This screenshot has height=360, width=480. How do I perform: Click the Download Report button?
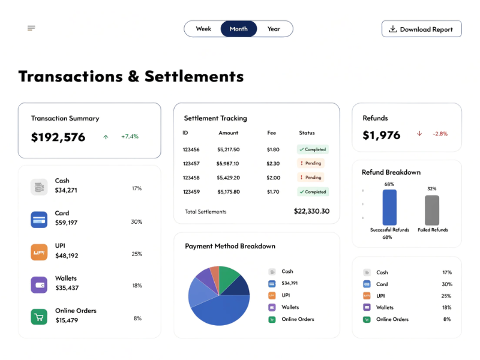(x=421, y=29)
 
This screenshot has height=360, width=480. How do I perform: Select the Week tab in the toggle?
(x=203, y=29)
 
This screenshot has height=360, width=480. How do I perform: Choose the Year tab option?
(x=274, y=29)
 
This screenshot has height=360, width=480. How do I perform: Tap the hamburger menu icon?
(x=31, y=28)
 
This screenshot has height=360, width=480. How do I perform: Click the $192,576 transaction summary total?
(x=58, y=137)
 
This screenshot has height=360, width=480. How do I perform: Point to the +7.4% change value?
(x=130, y=137)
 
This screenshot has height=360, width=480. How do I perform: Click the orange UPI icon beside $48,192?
(x=39, y=252)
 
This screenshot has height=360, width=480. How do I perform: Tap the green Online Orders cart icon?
(x=39, y=317)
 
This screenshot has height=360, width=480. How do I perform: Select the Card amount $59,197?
(x=67, y=223)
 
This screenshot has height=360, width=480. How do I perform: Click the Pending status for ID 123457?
(x=310, y=163)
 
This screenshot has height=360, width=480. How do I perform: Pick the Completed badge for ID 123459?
(x=313, y=192)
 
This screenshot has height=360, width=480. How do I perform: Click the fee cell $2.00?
(x=273, y=178)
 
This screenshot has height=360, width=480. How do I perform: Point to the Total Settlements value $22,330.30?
(x=311, y=211)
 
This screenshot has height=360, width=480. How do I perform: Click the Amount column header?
(x=228, y=133)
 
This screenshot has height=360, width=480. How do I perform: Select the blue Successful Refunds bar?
(x=389, y=208)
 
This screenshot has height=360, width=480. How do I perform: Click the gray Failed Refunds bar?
(x=432, y=210)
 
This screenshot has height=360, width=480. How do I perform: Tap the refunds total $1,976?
(x=382, y=135)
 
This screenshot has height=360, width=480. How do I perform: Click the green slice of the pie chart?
(x=229, y=276)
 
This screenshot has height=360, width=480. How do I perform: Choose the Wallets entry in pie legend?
(x=291, y=307)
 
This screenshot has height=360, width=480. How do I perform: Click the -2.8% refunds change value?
(x=440, y=134)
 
